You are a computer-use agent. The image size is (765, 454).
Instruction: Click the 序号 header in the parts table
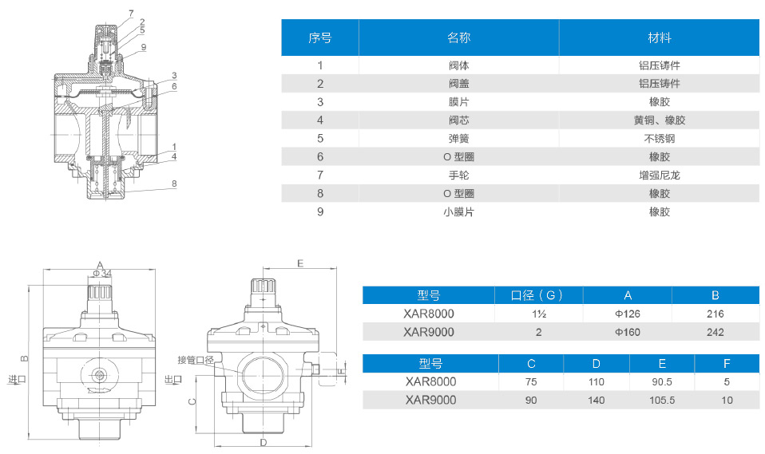click(x=320, y=38)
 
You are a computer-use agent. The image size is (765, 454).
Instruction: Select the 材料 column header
click(x=659, y=38)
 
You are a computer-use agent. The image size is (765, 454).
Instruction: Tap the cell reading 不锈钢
click(x=659, y=138)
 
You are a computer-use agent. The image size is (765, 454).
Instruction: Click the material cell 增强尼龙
click(x=659, y=175)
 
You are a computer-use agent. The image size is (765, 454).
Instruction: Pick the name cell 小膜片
click(x=458, y=212)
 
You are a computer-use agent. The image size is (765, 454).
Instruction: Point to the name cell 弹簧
click(x=458, y=138)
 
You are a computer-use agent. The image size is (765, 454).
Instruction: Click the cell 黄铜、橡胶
click(x=659, y=120)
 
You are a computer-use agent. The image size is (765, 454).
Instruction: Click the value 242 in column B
click(x=715, y=332)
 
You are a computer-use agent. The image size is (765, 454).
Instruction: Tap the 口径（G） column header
click(x=539, y=295)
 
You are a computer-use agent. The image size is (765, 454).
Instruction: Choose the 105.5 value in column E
click(x=663, y=400)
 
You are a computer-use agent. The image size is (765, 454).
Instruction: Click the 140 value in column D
click(x=596, y=400)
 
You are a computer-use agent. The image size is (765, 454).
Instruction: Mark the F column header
click(x=727, y=364)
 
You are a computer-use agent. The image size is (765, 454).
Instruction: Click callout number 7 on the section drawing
click(x=130, y=14)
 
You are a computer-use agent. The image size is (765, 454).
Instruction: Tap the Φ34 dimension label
click(x=101, y=273)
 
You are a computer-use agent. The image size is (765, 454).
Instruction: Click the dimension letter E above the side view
click(x=299, y=263)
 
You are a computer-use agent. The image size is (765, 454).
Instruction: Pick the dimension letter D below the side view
click(x=263, y=441)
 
